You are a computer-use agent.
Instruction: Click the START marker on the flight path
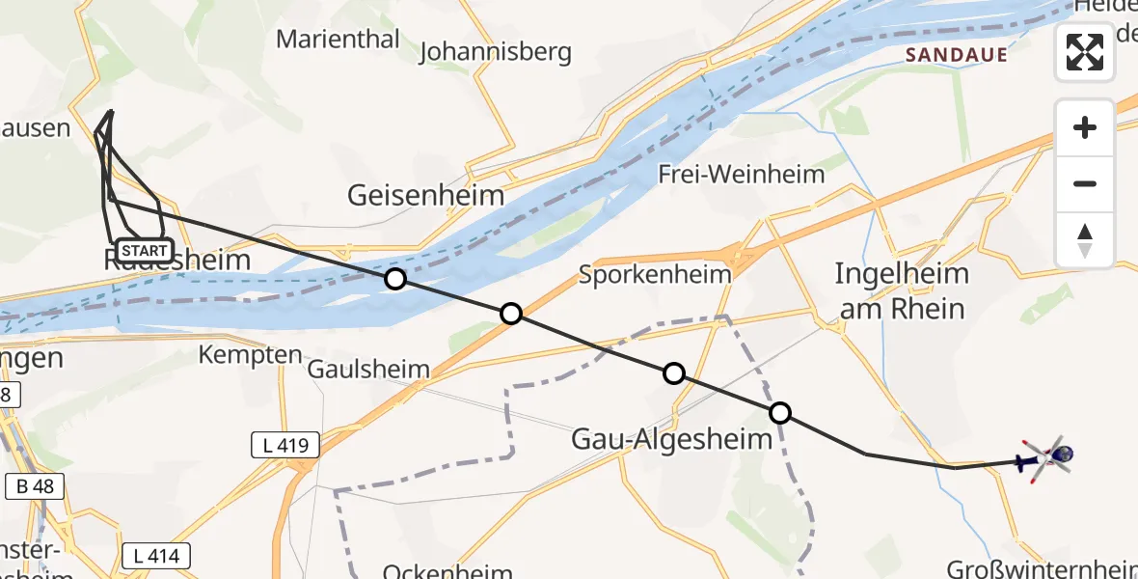[x=143, y=251]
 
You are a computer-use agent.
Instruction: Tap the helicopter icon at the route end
[x=1047, y=455]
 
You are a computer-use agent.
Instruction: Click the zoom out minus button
[x=1085, y=183]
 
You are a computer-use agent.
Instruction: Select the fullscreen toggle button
[x=1085, y=52]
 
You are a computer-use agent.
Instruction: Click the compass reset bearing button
[x=1085, y=240]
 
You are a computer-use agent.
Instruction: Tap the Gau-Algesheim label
[x=672, y=439]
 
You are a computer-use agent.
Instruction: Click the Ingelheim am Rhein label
[x=901, y=290]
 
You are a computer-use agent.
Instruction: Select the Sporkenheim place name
[x=655, y=274]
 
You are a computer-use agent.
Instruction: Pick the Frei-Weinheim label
[x=742, y=174]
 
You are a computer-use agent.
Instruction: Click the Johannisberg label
[x=496, y=51]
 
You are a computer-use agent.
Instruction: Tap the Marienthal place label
[x=338, y=39]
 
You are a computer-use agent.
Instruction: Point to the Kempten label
[x=250, y=354]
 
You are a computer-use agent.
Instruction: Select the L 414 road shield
[x=156, y=555]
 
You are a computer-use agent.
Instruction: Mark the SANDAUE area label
[x=957, y=55]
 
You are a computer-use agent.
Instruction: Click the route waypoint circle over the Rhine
[x=394, y=280]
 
